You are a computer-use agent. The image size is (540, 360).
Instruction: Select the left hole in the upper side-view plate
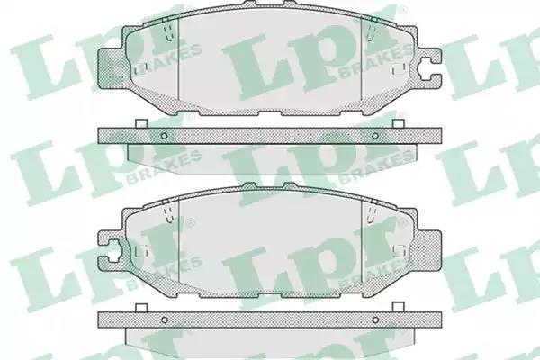pyautogui.click(x=165, y=136)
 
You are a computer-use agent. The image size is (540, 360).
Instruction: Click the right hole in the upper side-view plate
pyautogui.click(x=375, y=136)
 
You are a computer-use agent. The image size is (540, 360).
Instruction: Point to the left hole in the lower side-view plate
pyautogui.click(x=165, y=320)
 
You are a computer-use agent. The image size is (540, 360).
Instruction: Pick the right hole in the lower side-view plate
pyautogui.click(x=375, y=320)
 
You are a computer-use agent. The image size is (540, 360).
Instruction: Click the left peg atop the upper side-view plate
pyautogui.click(x=141, y=123)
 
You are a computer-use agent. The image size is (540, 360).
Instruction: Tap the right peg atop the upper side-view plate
pyautogui.click(x=399, y=123)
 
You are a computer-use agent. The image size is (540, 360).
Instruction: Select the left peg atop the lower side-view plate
pyautogui.click(x=141, y=308)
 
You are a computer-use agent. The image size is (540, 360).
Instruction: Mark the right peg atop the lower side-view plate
pyautogui.click(x=399, y=307)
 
